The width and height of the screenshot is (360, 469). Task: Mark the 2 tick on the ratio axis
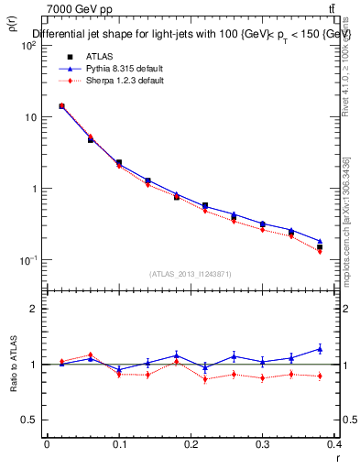(32, 310)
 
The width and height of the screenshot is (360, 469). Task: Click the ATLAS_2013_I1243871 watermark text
(191, 275)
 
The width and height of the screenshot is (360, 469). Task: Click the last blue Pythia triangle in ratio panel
(320, 348)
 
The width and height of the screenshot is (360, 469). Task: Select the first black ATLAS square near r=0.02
(61, 106)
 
